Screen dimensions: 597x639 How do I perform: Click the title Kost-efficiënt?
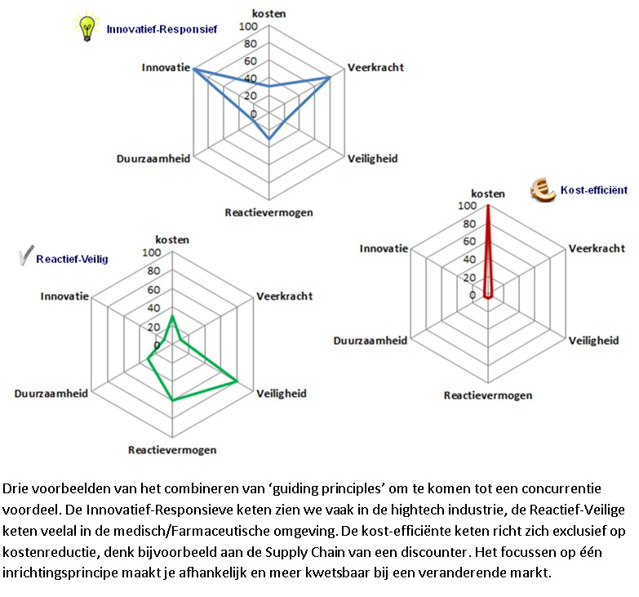(593, 190)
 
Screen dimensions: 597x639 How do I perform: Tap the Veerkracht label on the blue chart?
(375, 67)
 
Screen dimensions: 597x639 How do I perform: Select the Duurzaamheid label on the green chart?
(51, 394)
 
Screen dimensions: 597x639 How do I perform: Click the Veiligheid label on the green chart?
(282, 394)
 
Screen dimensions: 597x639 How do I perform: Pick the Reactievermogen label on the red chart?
(487, 395)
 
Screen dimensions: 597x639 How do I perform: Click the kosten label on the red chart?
(488, 194)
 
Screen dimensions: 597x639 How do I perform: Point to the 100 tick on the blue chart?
(247, 27)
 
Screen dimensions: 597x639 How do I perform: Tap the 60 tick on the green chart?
(154, 291)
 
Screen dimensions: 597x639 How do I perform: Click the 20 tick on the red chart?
(469, 278)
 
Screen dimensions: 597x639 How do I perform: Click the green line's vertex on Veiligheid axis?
(237, 381)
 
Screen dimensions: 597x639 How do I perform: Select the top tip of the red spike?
(488, 207)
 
